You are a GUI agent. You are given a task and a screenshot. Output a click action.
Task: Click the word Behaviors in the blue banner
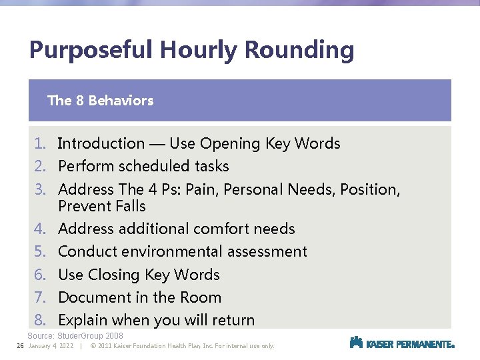click(121, 101)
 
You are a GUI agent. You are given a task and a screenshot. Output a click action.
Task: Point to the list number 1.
click(41, 143)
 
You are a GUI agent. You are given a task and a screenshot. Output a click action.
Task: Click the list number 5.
click(41, 251)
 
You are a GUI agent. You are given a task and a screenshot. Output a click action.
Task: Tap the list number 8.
click(41, 320)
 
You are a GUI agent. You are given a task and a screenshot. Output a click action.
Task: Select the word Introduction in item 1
click(101, 143)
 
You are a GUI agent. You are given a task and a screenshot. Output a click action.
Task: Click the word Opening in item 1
click(230, 144)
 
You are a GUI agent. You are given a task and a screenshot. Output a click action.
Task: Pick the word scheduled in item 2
click(153, 166)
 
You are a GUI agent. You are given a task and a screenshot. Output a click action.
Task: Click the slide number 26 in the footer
click(20, 346)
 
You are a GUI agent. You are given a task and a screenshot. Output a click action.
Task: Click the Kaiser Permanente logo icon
click(357, 343)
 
